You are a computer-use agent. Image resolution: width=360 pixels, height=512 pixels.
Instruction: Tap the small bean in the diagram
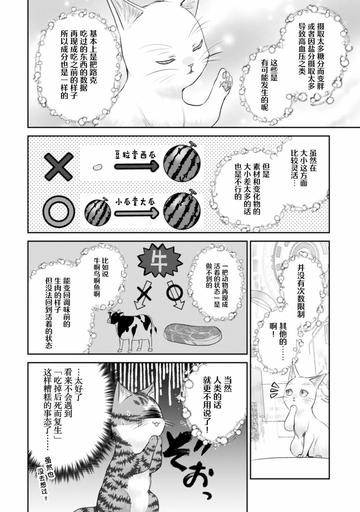click(x=97, y=167)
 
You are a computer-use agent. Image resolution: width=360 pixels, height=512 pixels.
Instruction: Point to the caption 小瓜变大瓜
click(x=135, y=202)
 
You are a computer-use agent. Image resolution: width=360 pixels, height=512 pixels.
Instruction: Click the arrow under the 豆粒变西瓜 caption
click(x=136, y=166)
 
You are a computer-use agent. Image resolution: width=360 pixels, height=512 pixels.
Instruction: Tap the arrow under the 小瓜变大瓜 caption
click(x=136, y=213)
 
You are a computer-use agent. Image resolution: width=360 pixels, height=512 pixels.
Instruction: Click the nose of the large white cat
click(x=190, y=66)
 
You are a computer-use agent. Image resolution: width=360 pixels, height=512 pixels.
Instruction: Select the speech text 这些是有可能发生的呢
click(x=269, y=85)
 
